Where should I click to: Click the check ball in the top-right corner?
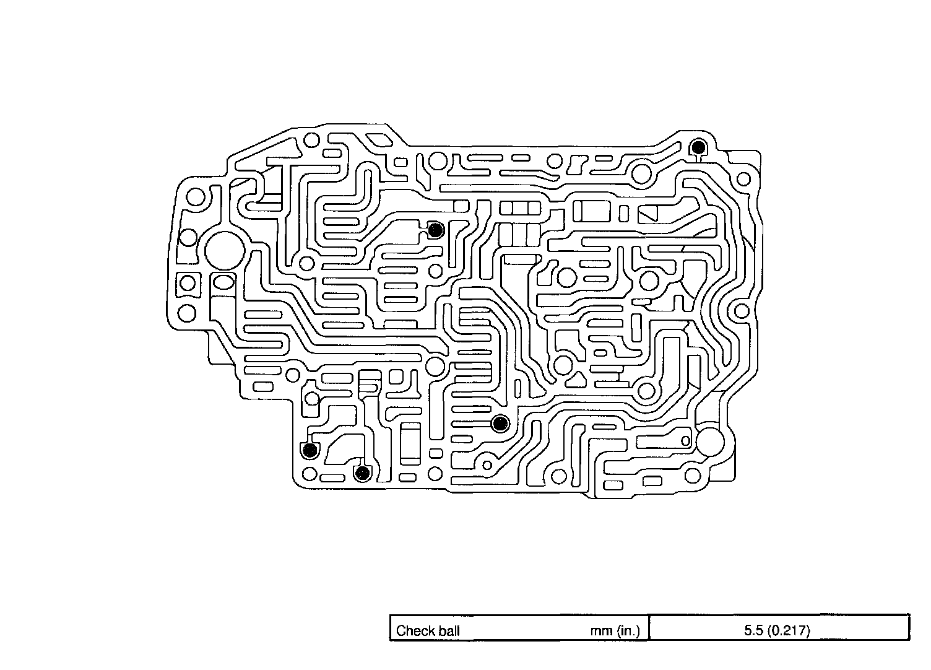[698, 147]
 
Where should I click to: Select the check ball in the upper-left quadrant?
[436, 230]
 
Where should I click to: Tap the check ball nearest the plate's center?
[500, 424]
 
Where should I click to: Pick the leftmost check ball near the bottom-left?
[308, 450]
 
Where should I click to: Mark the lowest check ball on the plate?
[362, 474]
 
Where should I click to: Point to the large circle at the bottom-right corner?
[709, 442]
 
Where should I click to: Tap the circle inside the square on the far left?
[186, 283]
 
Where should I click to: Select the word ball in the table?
[446, 631]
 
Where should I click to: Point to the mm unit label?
[601, 631]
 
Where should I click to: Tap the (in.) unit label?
[631, 631]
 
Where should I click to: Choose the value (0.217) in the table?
[788, 631]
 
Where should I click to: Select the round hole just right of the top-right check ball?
[743, 180]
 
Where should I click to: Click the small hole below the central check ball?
[487, 465]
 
